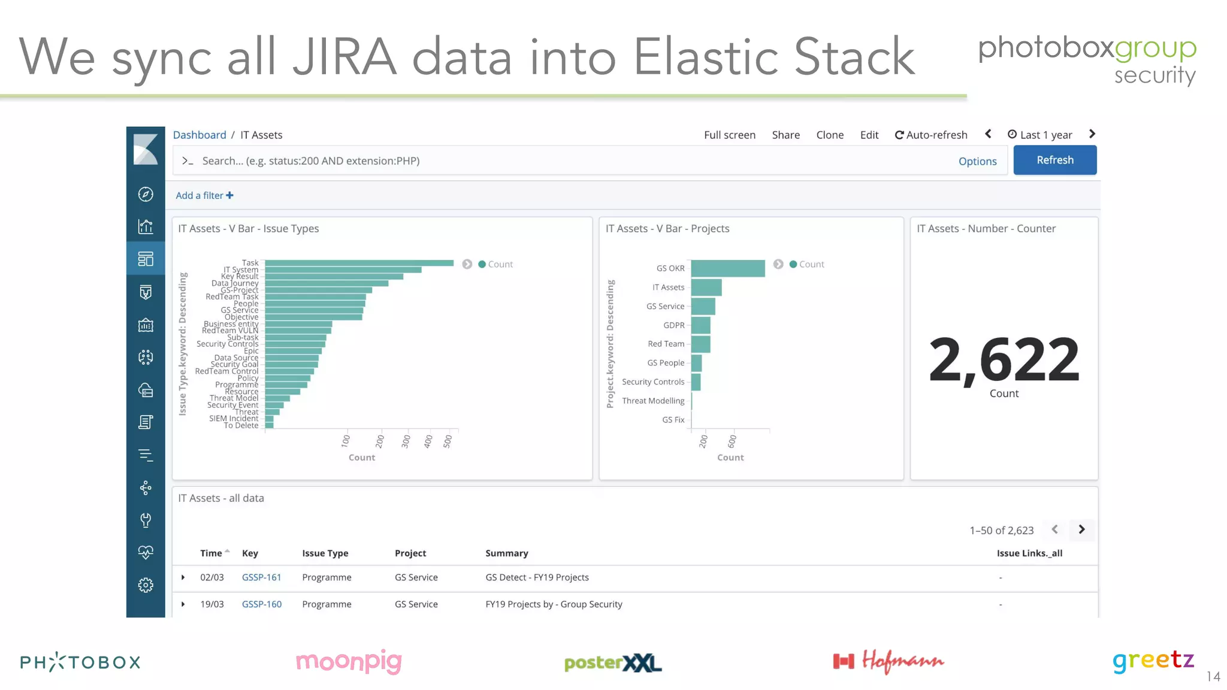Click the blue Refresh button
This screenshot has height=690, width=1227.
coord(1054,160)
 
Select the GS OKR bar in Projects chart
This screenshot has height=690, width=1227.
coord(727,268)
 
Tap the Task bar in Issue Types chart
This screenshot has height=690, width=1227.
coord(359,263)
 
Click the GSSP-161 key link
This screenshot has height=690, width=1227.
coord(261,577)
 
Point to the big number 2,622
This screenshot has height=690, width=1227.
coord(1004,359)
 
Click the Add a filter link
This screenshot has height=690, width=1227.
coord(204,195)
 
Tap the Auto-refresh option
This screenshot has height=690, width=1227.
coord(931,135)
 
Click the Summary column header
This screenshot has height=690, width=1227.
coord(506,553)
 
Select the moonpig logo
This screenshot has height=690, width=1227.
coord(349,661)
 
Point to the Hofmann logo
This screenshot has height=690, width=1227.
coord(888,661)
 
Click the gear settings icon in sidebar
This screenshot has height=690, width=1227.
coord(146,585)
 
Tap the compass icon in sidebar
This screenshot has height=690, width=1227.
coord(146,194)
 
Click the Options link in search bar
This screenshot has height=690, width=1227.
coord(977,161)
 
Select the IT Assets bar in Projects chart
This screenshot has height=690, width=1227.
coord(706,287)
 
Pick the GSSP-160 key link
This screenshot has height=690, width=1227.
coord(261,604)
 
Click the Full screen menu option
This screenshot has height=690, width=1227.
coord(729,135)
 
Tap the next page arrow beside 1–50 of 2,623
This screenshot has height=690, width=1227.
coord(1081,529)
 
